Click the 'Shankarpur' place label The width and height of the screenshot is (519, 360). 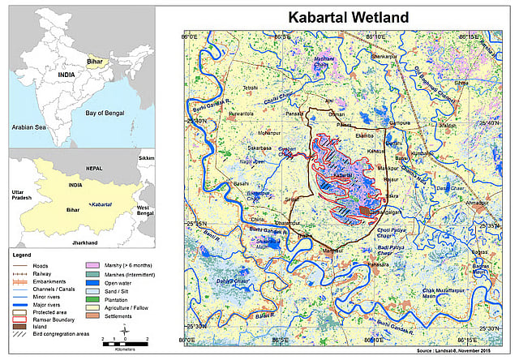(x=384, y=57)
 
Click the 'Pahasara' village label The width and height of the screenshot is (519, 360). (x=379, y=264)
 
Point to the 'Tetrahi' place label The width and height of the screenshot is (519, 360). (x=249, y=87)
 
